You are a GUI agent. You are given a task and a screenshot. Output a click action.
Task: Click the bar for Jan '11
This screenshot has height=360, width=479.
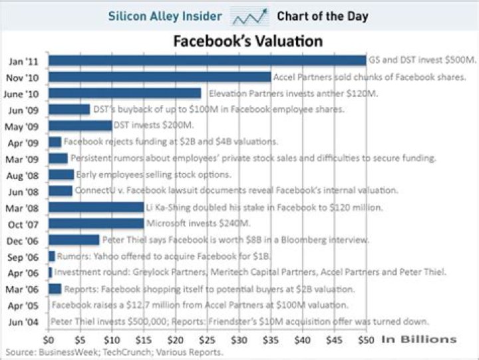pos(207,61)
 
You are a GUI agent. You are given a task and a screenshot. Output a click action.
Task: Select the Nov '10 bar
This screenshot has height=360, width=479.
pos(160,77)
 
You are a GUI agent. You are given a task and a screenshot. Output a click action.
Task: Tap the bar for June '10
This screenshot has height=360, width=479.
pos(124,93)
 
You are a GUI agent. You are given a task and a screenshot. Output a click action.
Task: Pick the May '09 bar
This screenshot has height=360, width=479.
pos(80,126)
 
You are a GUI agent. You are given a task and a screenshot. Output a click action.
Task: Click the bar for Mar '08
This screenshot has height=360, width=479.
pos(96,208)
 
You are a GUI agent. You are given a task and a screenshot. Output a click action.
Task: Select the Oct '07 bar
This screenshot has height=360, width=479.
pos(96,224)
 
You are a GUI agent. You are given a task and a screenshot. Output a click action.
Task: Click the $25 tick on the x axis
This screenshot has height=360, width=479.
pos(208,340)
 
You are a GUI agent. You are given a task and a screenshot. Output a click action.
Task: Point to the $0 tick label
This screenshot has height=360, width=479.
pos(49,340)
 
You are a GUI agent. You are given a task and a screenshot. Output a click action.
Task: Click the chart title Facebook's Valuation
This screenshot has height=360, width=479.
pos(248,41)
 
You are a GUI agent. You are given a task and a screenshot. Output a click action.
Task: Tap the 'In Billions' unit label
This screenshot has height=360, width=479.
pos(419,339)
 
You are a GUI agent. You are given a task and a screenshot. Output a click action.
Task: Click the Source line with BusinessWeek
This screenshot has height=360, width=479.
pos(113,352)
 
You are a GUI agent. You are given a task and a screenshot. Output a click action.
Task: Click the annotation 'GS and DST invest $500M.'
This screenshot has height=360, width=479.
pos(422,61)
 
